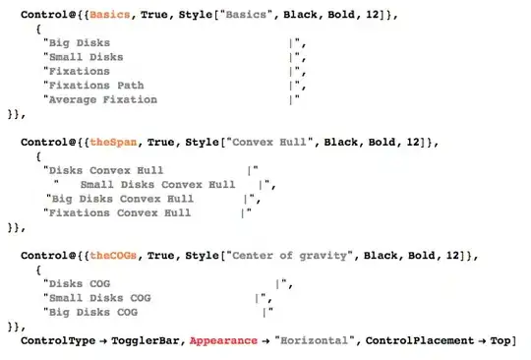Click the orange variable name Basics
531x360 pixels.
coord(110,15)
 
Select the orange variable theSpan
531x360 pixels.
coord(113,142)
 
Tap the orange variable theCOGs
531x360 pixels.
coord(113,256)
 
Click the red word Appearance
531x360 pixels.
coord(223,340)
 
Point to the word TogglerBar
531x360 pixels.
coord(145,340)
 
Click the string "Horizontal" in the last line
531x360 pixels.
coord(315,340)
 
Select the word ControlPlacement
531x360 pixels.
coord(420,340)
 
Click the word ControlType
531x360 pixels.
coord(58,340)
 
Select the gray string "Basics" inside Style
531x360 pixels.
coord(246,15)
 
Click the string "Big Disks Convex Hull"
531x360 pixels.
coord(123,199)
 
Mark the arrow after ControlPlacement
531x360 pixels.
coord(482,341)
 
